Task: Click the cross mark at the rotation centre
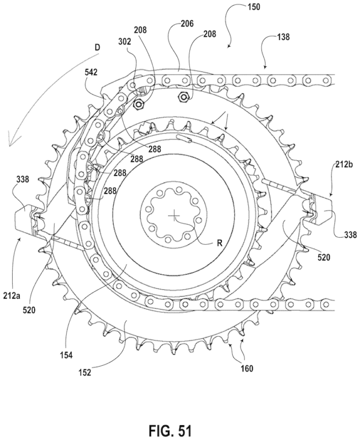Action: point(174,216)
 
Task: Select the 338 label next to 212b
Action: point(348,234)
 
